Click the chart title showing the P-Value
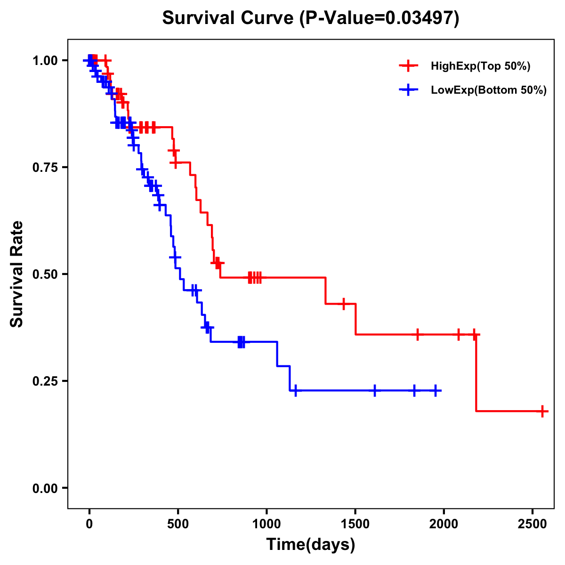click(310, 18)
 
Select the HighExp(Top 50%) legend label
click(480, 66)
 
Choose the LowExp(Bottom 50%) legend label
click(489, 90)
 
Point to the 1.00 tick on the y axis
click(45, 60)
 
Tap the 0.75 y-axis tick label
click(45, 167)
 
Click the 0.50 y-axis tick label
click(45, 274)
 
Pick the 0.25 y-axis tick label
click(45, 381)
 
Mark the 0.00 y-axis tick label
click(45, 488)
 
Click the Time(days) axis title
click(310, 545)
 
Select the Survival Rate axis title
click(17, 274)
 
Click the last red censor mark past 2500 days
click(542, 411)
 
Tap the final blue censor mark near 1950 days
click(436, 391)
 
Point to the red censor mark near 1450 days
click(344, 304)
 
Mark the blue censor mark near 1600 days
click(375, 391)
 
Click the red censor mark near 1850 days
click(417, 334)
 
